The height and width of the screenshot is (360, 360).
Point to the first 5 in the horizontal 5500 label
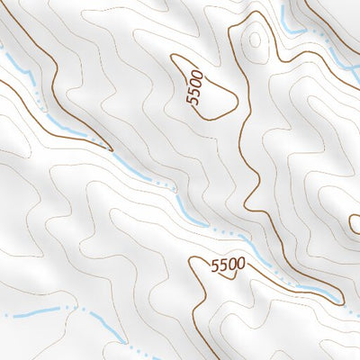[214, 266]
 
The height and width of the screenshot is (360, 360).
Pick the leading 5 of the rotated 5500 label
[192, 102]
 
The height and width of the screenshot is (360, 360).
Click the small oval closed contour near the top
[255, 39]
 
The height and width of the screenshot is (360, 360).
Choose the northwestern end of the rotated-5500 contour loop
[177, 57]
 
